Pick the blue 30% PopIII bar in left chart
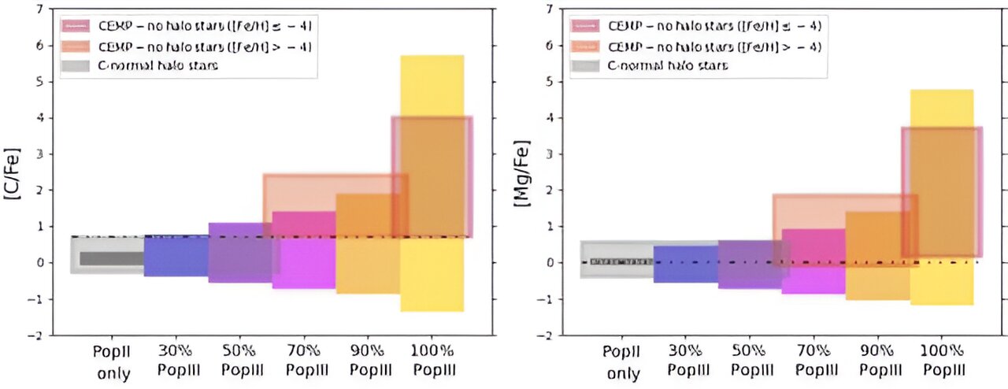[x=176, y=256]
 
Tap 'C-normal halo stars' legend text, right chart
[x=668, y=65]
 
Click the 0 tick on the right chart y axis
[x=550, y=263]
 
